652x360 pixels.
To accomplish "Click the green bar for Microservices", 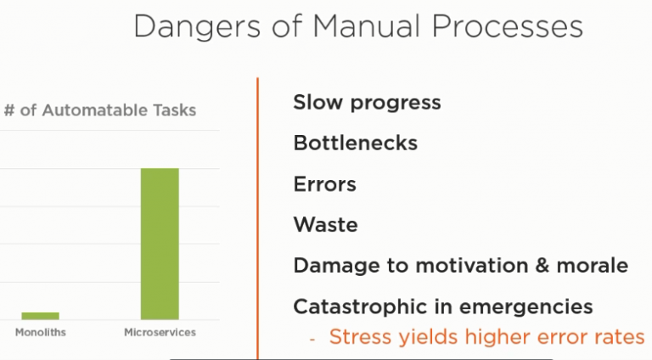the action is click(160, 244).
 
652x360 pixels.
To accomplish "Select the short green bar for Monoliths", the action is click(41, 316).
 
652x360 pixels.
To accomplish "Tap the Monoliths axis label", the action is click(41, 333).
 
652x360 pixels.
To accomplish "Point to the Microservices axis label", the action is click(160, 333).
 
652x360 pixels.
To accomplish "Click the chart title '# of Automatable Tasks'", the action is click(100, 110).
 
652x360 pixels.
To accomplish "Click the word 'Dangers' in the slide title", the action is click(197, 27).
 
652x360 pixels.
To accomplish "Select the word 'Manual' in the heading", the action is click(367, 26).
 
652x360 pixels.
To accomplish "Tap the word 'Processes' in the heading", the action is click(508, 26).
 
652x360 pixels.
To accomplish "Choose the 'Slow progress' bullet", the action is click(367, 103).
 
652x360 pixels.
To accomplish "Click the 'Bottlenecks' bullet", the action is click(355, 143).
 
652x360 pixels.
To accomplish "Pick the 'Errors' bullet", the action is click(325, 183).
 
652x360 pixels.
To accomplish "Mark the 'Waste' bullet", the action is click(325, 224).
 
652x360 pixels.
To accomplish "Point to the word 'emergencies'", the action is click(526, 307).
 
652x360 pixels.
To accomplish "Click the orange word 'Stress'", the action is click(360, 337).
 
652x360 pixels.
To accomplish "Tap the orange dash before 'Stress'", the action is click(312, 339).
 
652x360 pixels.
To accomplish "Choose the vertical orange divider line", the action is click(258, 218).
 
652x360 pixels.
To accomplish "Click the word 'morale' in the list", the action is click(592, 265).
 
